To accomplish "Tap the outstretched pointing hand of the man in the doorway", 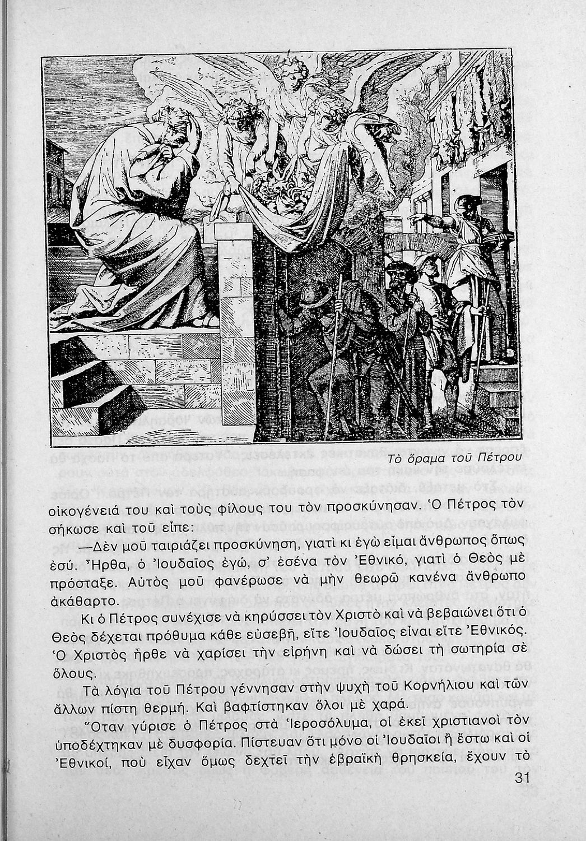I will [x=416, y=217].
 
